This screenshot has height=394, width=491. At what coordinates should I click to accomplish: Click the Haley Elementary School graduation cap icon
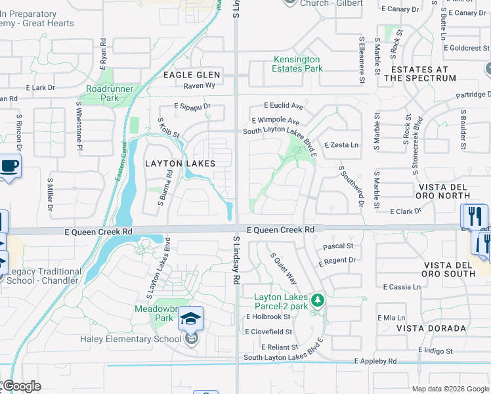click(191, 319)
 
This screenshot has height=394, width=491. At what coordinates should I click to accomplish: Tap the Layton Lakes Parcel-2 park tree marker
click(318, 301)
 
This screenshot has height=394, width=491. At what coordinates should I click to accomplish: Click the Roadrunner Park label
click(110, 93)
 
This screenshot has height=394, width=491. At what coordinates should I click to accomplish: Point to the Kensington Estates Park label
click(297, 64)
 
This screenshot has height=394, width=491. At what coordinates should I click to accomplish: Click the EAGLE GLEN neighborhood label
click(192, 76)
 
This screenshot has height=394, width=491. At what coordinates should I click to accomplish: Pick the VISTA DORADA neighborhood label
click(431, 328)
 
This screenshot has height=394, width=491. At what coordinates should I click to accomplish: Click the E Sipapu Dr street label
click(192, 105)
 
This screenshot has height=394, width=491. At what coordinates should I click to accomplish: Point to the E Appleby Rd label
click(375, 361)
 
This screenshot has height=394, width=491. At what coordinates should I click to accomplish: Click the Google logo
click(21, 386)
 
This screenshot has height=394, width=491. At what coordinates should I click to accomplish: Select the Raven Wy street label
click(199, 85)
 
